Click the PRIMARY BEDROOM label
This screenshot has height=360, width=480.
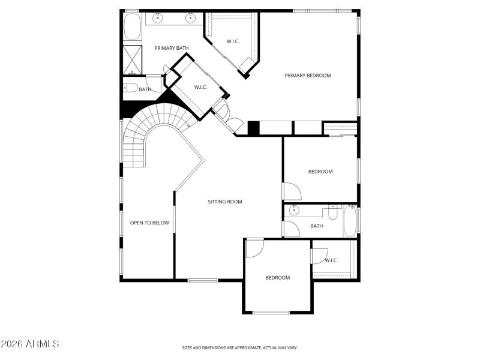coord(308,76)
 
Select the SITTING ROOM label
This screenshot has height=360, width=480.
coord(225,202)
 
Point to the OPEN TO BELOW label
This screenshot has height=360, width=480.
coord(149,223)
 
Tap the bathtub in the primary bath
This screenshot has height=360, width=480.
coord(131,27)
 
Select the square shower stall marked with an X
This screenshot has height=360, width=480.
coord(131,58)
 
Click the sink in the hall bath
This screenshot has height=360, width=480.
coord(294,210)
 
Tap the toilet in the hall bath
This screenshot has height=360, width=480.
coord(333,212)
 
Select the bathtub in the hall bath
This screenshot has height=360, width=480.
coord(350,221)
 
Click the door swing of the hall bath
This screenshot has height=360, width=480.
coord(290,229)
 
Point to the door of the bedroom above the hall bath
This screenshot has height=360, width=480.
coord(292,191)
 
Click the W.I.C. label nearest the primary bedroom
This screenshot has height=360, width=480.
coord(233,41)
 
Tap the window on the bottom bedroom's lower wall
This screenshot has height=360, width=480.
coord(271,312)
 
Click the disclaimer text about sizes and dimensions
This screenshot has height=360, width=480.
coord(240,347)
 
